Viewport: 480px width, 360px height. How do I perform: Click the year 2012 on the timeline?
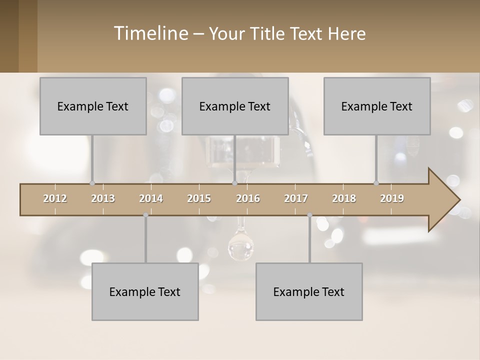(x=55, y=198)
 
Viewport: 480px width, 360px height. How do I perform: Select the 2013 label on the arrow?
(x=103, y=198)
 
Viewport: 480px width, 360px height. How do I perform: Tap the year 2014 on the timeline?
(x=151, y=198)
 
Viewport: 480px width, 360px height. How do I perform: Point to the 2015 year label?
(x=199, y=198)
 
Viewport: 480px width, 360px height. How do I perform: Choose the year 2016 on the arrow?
(x=248, y=198)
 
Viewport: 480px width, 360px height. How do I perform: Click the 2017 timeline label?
(x=296, y=198)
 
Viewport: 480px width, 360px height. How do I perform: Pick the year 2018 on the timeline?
(x=344, y=198)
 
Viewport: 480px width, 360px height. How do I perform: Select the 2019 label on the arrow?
(x=392, y=198)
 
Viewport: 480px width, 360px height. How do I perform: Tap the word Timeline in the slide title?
(x=150, y=33)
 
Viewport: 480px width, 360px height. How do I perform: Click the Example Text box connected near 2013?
(x=93, y=106)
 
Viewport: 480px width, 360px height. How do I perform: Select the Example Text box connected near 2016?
(x=235, y=106)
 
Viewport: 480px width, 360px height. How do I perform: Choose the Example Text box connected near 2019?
(x=377, y=106)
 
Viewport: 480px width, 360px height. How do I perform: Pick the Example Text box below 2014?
(x=145, y=291)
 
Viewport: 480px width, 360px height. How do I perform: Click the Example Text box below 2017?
(x=309, y=291)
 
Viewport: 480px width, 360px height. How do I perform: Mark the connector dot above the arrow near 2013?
(x=92, y=183)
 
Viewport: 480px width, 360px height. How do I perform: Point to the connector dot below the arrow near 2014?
(x=145, y=215)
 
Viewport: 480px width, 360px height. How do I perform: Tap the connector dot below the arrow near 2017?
(x=309, y=215)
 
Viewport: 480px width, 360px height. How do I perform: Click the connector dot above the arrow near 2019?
(x=376, y=183)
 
